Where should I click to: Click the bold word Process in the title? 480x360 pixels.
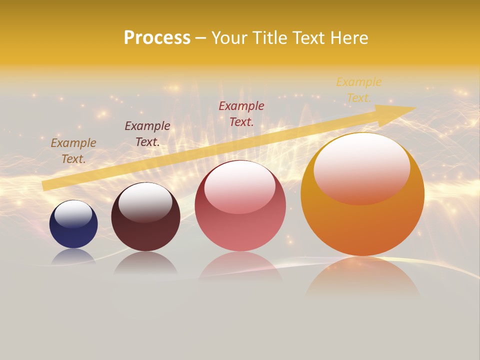157,38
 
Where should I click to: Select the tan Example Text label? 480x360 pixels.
73,150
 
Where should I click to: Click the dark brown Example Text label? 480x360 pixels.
147,133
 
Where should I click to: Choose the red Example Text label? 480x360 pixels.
241,113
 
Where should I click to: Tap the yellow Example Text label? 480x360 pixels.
359,89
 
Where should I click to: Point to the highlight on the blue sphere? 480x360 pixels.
73,214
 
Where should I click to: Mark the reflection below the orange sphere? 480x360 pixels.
362,277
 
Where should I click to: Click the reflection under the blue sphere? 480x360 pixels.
73,256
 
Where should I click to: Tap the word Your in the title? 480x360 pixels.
229,38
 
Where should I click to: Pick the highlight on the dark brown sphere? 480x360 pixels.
145,201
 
